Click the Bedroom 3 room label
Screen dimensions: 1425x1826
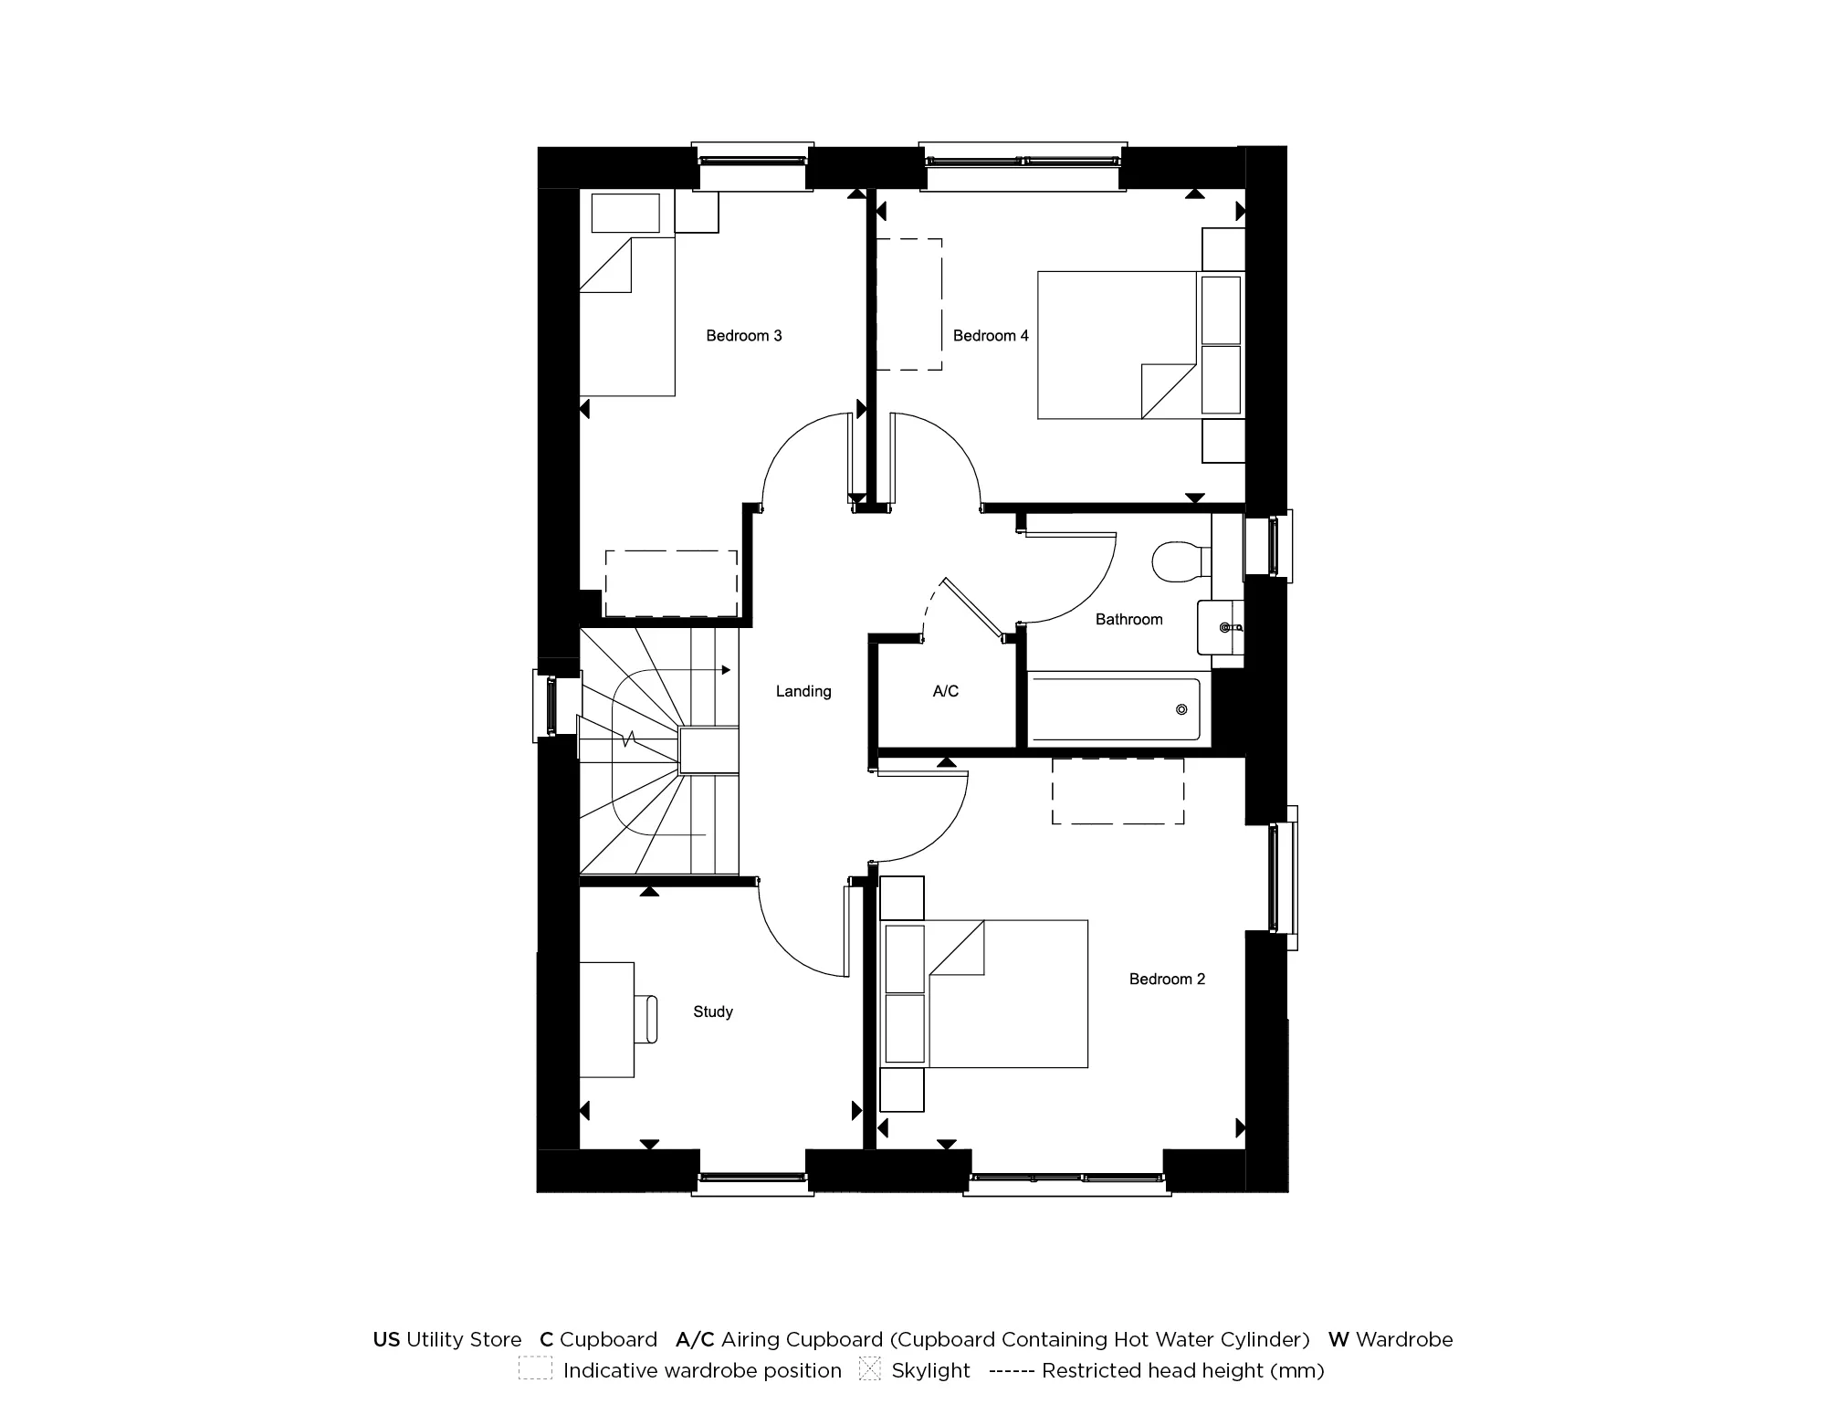743,336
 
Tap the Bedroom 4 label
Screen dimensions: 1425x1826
990,336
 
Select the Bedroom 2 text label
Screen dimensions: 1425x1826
1167,980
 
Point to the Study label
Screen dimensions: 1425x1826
712,1011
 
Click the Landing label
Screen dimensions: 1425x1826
803,691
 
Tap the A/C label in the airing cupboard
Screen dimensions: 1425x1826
945,691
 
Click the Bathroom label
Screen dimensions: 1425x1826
1128,619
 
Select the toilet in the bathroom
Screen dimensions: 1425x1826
1178,561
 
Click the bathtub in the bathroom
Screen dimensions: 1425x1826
1114,709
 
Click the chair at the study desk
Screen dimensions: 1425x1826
649,1020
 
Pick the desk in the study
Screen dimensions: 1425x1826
606,1020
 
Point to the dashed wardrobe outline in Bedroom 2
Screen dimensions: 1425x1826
1118,791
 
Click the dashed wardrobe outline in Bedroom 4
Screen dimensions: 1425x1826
908,305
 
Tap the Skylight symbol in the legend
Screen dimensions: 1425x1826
869,1369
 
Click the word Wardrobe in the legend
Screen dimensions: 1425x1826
1403,1339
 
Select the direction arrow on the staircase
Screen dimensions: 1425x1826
726,670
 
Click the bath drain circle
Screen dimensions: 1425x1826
1181,709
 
